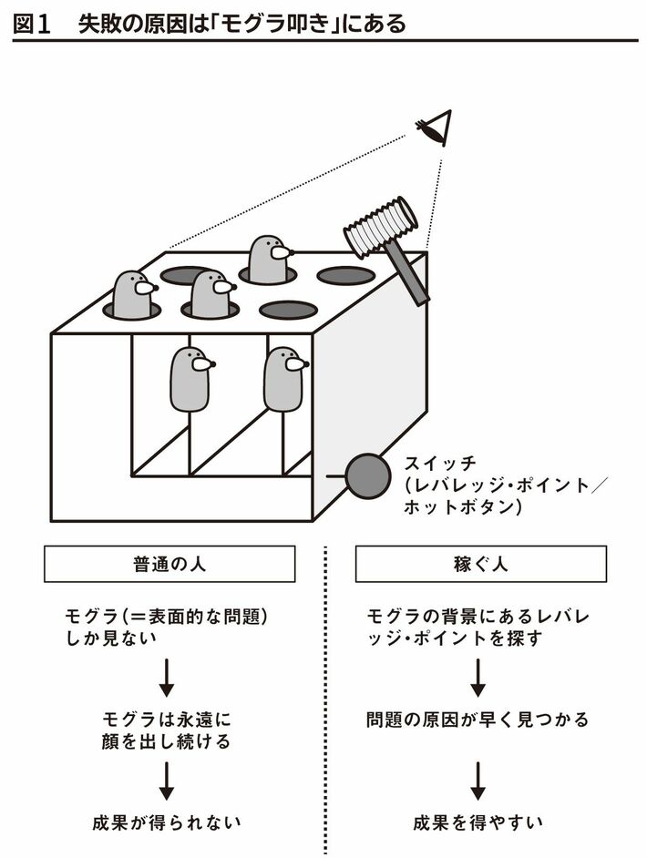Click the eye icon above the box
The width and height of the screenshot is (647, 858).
[x=436, y=128]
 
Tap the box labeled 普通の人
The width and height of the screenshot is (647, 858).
[x=169, y=564]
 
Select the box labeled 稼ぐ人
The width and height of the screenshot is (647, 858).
[x=480, y=564]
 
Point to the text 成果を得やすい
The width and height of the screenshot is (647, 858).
[x=478, y=822]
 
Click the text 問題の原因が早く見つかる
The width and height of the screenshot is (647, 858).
[x=478, y=719]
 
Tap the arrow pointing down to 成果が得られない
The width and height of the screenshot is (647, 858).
[x=167, y=778]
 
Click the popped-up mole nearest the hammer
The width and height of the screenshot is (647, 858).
[x=269, y=259]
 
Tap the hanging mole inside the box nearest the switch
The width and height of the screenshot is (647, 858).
[x=284, y=378]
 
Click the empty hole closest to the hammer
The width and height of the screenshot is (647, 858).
[x=346, y=275]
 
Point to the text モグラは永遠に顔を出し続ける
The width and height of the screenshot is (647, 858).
[x=167, y=729]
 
